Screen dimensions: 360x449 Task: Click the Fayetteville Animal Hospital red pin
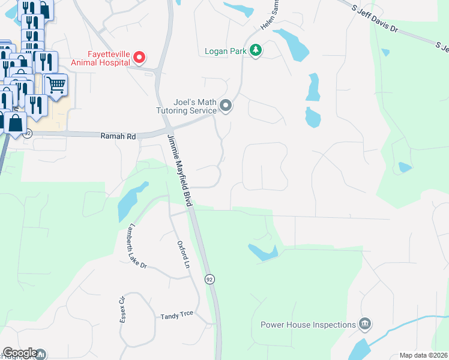pos(139,58)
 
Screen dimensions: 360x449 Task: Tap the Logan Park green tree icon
pos(256,50)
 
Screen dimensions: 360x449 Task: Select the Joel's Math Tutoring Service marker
pos(226,106)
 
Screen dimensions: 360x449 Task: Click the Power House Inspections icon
pos(364,325)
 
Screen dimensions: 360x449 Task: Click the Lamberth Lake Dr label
pos(136,247)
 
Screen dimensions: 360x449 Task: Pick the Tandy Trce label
pos(176,315)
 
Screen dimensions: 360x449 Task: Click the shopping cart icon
pos(56,86)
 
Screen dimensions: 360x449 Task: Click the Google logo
pos(20,353)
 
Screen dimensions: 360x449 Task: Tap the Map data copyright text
pos(423,355)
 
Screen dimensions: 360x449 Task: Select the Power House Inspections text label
pos(308,325)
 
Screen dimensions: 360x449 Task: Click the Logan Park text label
pos(225,52)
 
